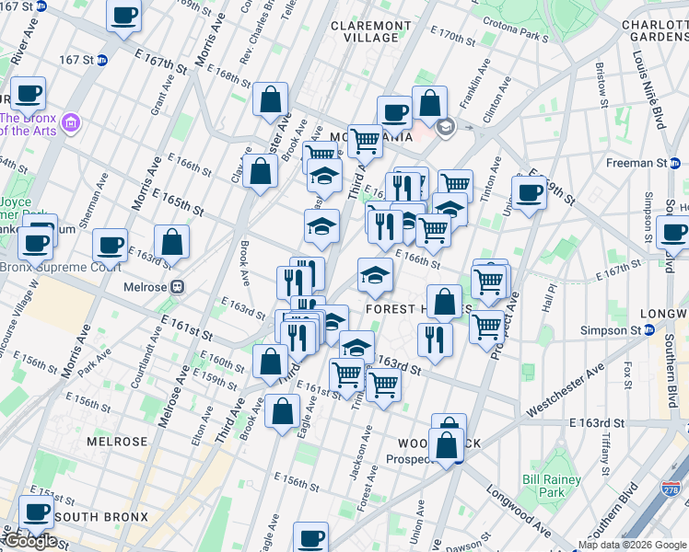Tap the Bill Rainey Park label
pyautogui.click(x=551, y=486)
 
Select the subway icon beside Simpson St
pyautogui.click(x=648, y=329)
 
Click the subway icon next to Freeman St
pyautogui.click(x=675, y=163)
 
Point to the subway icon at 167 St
pyautogui.click(x=102, y=60)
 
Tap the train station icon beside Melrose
pyautogui.click(x=181, y=287)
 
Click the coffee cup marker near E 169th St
pyautogui.click(x=529, y=193)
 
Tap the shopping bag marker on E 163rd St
pyautogui.click(x=171, y=242)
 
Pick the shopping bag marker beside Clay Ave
pyautogui.click(x=261, y=170)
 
